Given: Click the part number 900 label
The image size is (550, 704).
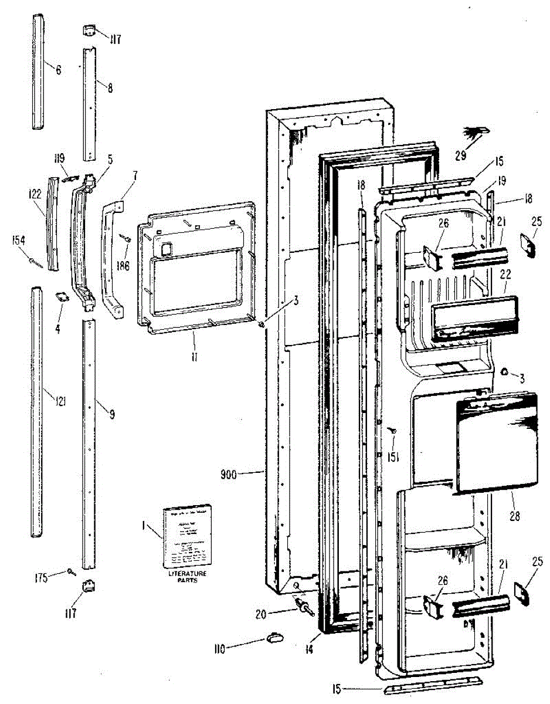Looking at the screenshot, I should (x=229, y=474).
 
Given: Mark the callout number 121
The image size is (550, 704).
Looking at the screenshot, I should (x=60, y=401).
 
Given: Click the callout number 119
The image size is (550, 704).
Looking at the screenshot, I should (x=60, y=158).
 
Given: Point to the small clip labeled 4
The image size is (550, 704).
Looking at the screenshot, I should (x=60, y=298).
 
